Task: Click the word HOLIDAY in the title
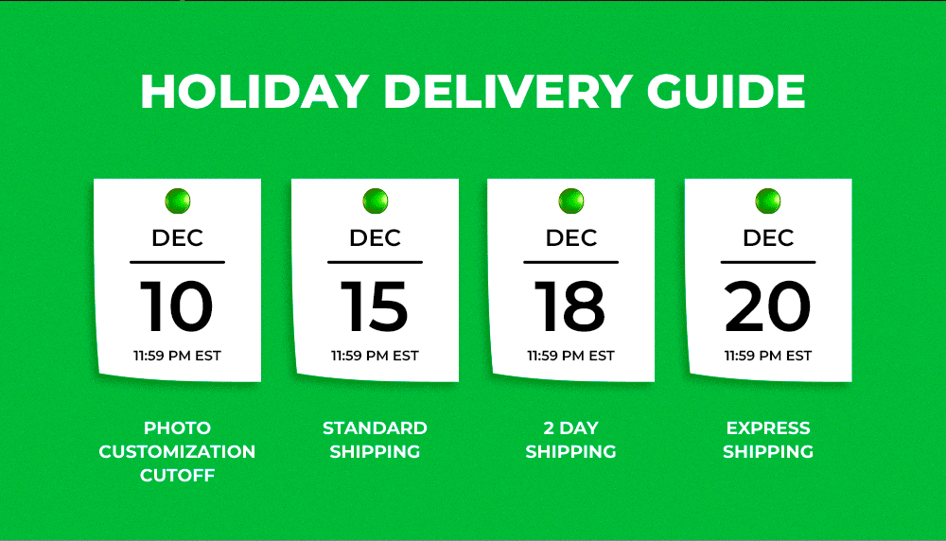254,92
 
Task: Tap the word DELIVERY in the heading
507,92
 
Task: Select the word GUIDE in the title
726,92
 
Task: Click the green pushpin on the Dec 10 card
178,201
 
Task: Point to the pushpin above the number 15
376,201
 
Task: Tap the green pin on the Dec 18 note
571,201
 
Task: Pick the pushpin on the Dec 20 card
768,201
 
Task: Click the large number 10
177,305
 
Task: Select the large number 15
375,305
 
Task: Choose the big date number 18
570,305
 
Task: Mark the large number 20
767,305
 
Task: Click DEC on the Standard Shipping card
376,237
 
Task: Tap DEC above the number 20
768,237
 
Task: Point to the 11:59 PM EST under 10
178,356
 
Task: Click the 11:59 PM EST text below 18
570,356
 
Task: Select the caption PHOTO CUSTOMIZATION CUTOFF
178,452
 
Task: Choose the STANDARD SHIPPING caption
375,440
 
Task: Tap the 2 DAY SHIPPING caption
570,440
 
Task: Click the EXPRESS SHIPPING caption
768,440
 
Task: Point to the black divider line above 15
375,262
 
